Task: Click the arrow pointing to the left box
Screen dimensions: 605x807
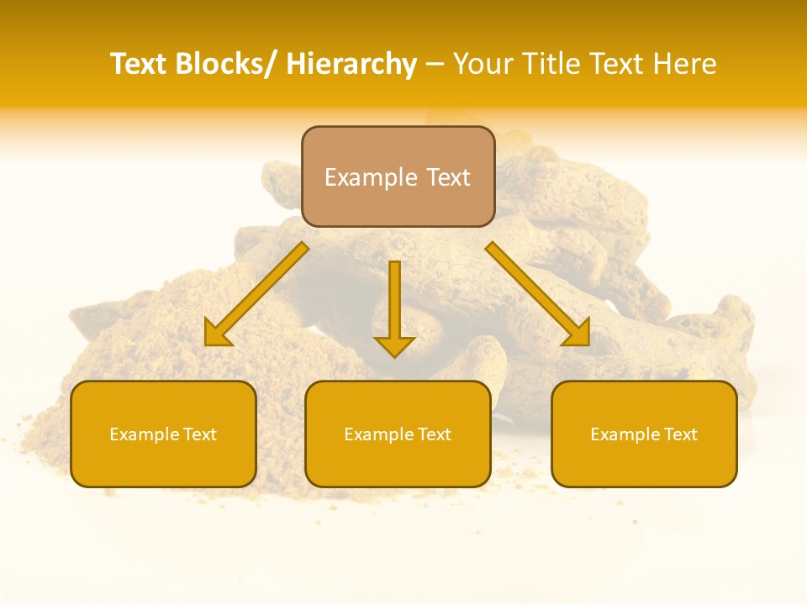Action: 256,294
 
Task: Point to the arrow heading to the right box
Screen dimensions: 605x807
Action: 538,294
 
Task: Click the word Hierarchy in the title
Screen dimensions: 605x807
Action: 351,64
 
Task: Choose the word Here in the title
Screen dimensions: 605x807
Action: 685,64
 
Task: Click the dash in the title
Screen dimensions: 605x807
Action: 435,65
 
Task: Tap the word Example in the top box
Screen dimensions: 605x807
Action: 371,177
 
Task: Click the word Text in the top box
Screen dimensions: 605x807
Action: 446,177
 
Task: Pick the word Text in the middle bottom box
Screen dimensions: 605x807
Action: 434,434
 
